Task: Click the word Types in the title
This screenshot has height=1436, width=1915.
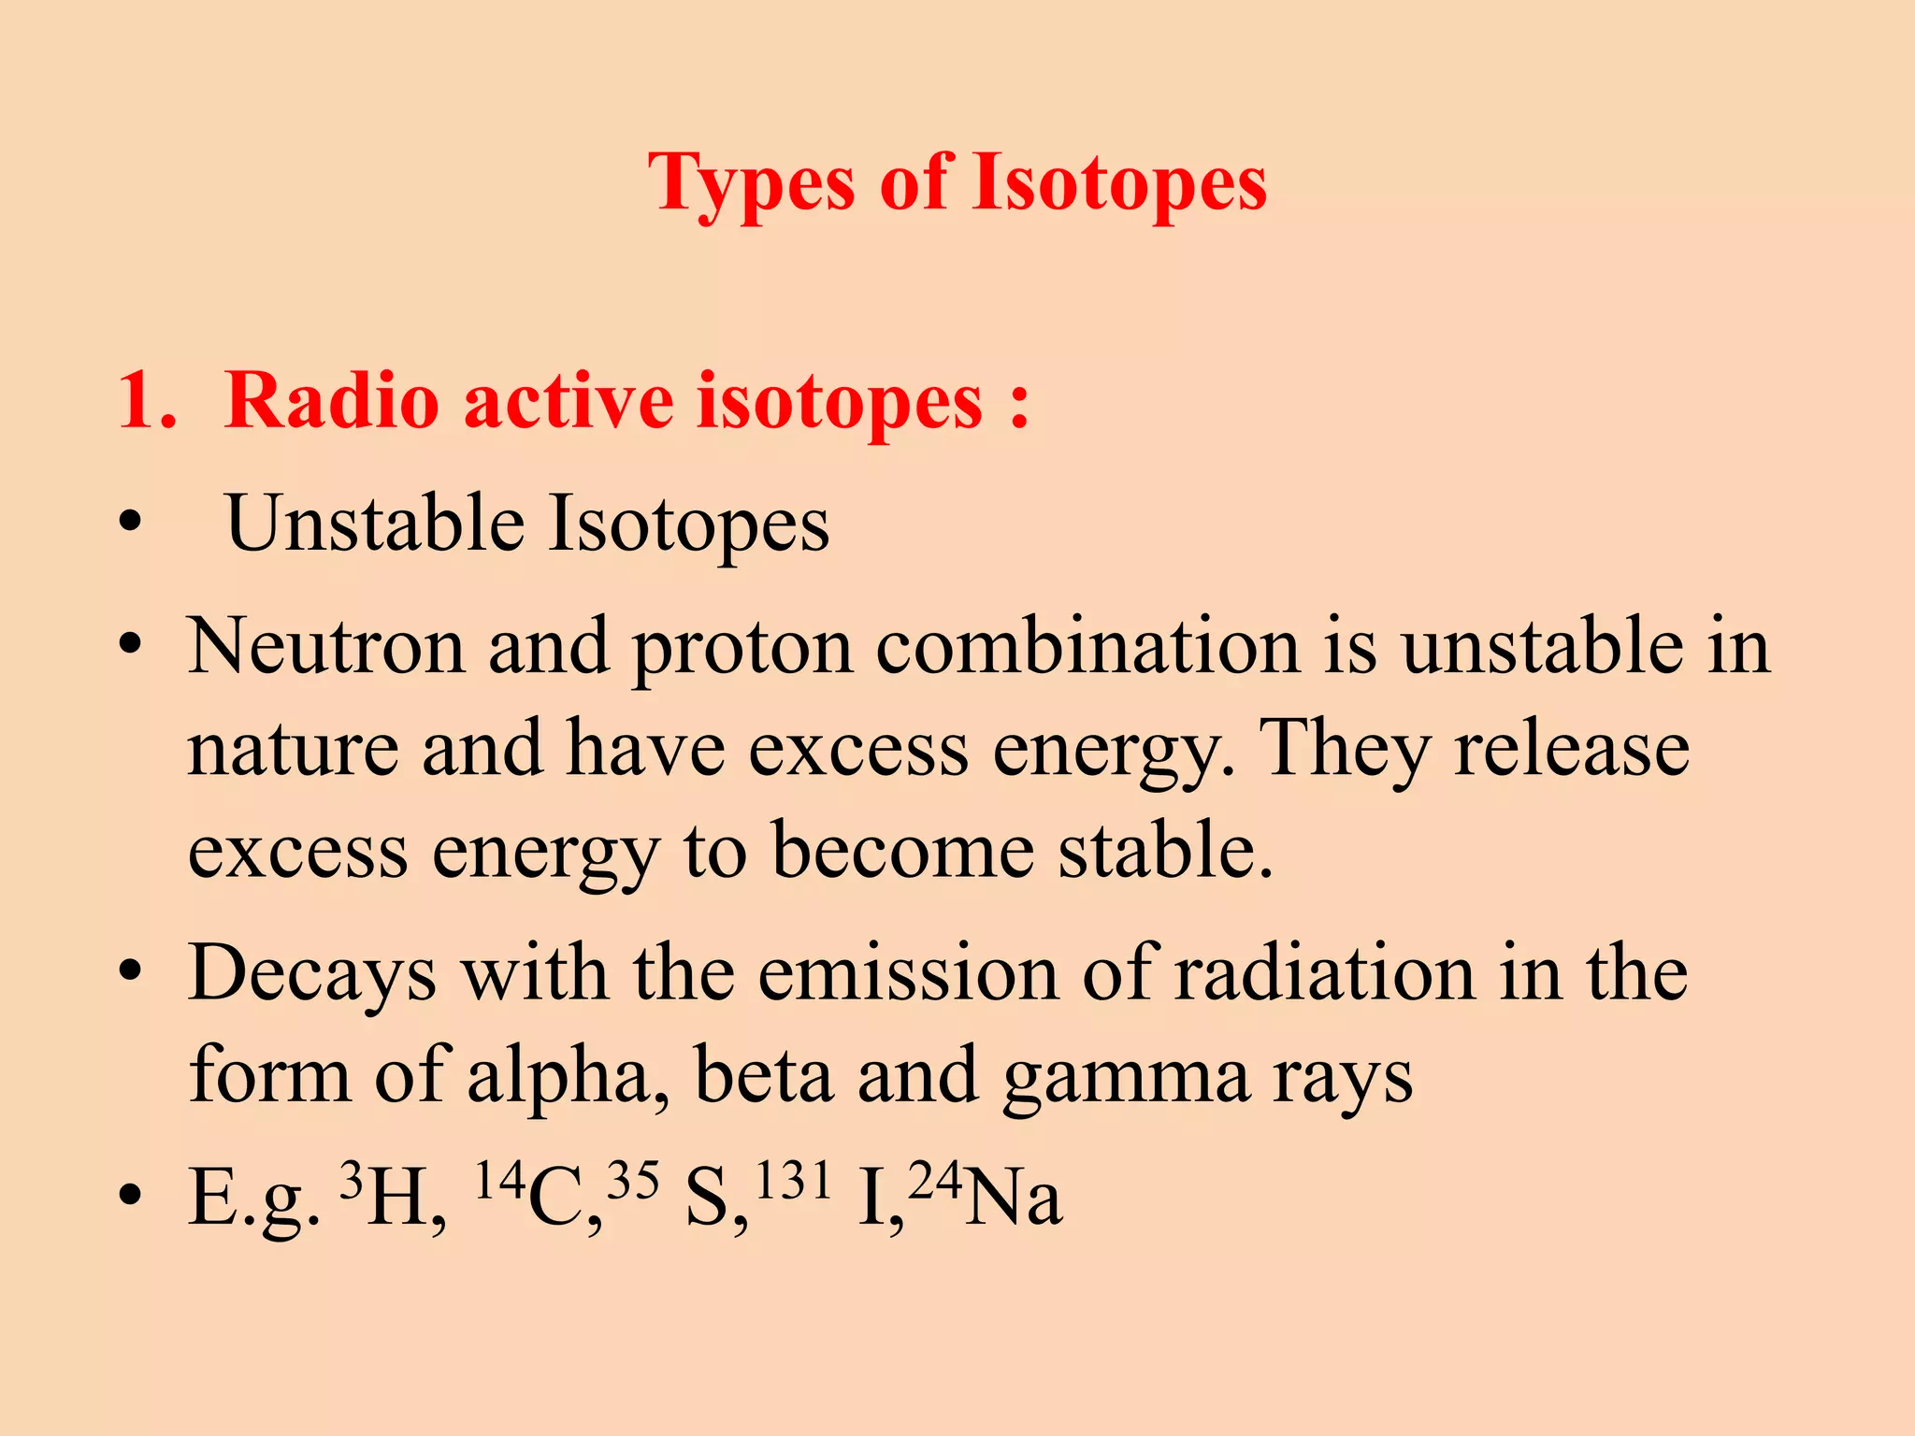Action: tap(751, 184)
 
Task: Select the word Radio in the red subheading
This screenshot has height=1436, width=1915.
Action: tap(332, 401)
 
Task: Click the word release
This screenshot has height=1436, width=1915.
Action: tap(1572, 749)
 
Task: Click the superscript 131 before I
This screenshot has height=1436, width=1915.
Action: tap(793, 1179)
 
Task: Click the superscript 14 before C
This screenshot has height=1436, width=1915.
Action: tap(499, 1179)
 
